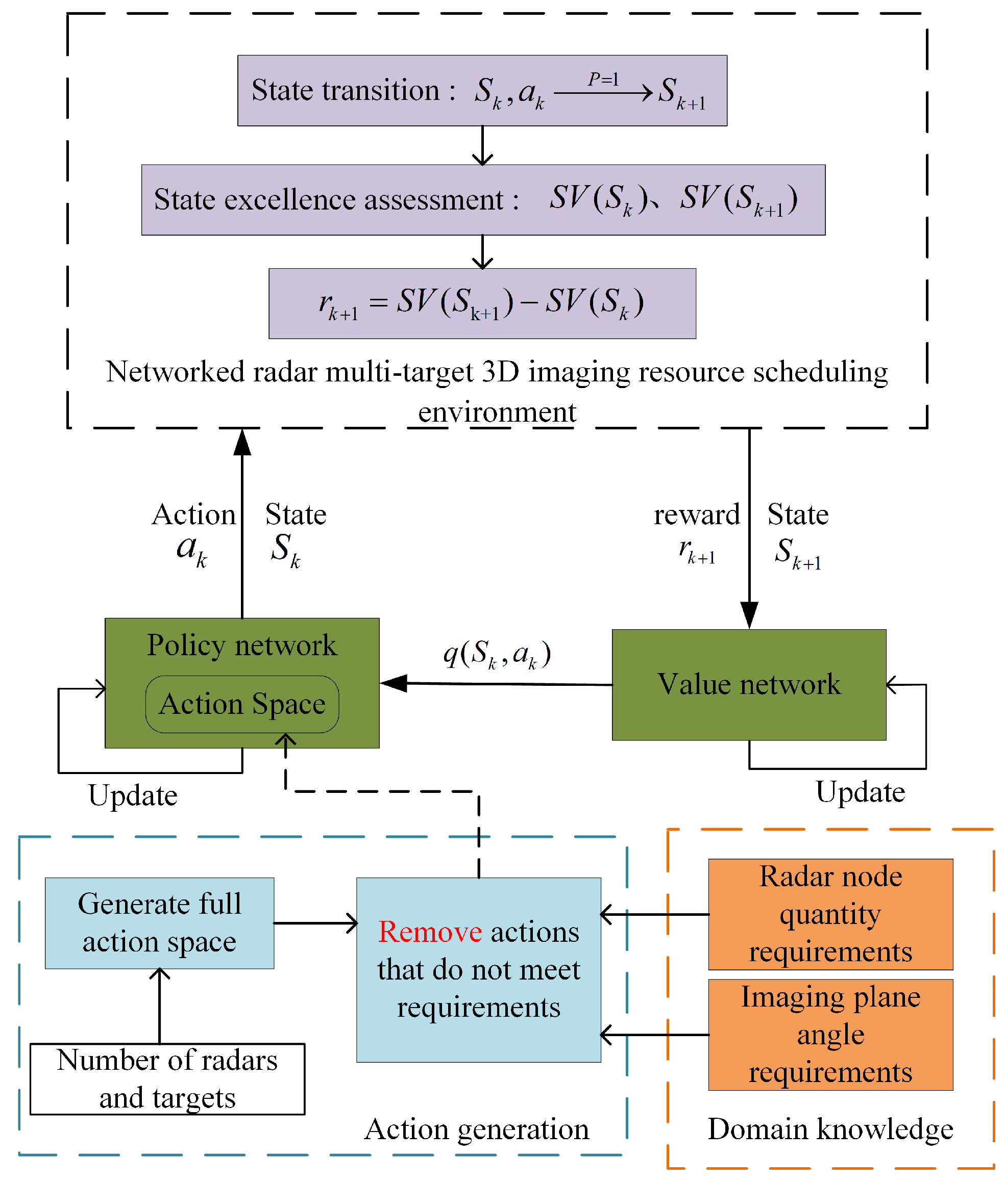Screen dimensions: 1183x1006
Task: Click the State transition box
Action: pyautogui.click(x=482, y=91)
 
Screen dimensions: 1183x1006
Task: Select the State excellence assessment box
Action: pyautogui.click(x=483, y=200)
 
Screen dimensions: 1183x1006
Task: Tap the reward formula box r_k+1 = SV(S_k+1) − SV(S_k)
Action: pyautogui.click(x=482, y=303)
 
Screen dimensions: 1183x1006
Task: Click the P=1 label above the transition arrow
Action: pyautogui.click(x=603, y=79)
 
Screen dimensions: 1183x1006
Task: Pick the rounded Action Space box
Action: pyautogui.click(x=242, y=704)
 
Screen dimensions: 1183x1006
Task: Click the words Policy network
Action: pyautogui.click(x=242, y=645)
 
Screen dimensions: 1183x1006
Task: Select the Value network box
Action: pyautogui.click(x=748, y=684)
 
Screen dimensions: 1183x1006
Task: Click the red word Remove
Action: pyautogui.click(x=430, y=932)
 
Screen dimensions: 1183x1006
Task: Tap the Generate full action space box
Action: pyautogui.click(x=159, y=922)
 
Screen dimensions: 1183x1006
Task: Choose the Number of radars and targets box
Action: pyautogui.click(x=167, y=1078)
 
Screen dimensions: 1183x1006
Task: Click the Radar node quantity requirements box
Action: pyautogui.click(x=830, y=914)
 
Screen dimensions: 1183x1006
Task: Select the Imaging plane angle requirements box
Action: pyautogui.click(x=830, y=1034)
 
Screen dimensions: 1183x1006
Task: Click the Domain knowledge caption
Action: pyautogui.click(x=830, y=1129)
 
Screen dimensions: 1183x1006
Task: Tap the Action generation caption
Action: pyautogui.click(x=477, y=1129)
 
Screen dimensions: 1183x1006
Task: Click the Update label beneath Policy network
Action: pyautogui.click(x=132, y=795)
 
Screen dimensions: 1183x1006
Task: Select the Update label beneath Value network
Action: pyautogui.click(x=860, y=792)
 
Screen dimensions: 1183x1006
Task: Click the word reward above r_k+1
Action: pyautogui.click(x=696, y=515)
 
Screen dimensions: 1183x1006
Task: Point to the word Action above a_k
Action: pyautogui.click(x=193, y=515)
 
